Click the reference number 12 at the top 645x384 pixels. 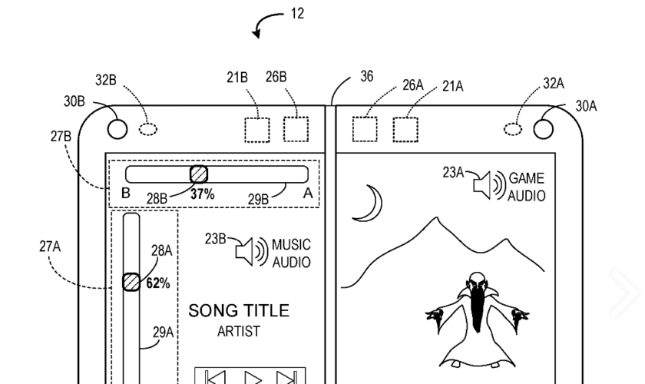(x=297, y=14)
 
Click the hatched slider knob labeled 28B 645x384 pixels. (x=199, y=174)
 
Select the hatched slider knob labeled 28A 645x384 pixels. (x=131, y=282)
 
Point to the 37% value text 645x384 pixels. (x=202, y=194)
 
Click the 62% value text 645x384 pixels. (x=157, y=283)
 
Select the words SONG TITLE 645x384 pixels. (x=239, y=311)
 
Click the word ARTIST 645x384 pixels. (x=238, y=332)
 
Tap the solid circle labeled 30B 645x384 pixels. (x=117, y=128)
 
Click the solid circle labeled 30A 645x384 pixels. (x=546, y=128)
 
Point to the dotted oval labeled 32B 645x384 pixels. (x=148, y=128)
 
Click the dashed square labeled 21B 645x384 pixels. (x=257, y=129)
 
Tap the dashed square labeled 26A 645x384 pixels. (x=365, y=129)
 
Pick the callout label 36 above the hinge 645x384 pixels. (x=367, y=77)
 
